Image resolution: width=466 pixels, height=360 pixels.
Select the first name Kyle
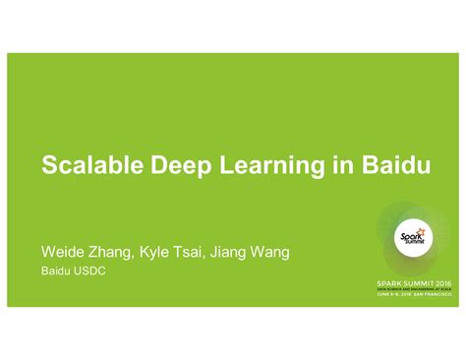click(x=168, y=253)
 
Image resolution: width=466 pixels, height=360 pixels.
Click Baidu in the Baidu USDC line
click(x=55, y=270)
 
